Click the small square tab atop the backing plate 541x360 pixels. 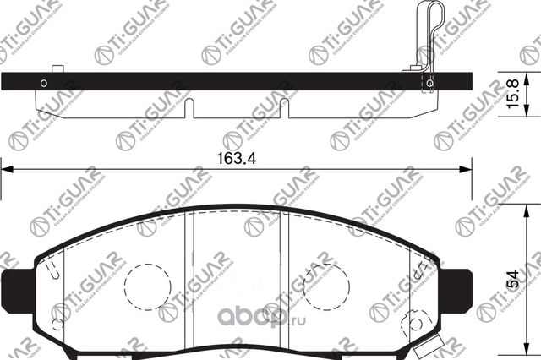pyautogui.click(x=57, y=69)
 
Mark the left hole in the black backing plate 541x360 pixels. pyautogui.click(x=43, y=83)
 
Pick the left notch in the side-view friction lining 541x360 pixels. pyautogui.click(x=189, y=108)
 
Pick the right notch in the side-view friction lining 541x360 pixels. pyautogui.click(x=284, y=108)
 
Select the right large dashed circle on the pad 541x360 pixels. pyautogui.click(x=325, y=285)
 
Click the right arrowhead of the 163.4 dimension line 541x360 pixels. pyautogui.click(x=465, y=169)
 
